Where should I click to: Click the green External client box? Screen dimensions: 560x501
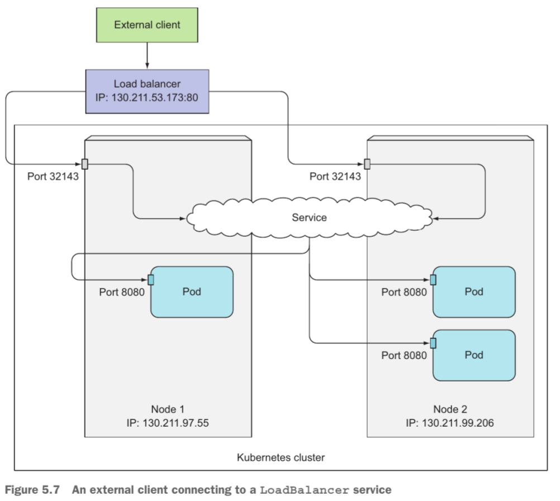point(147,25)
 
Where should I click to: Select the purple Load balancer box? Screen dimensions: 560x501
point(147,92)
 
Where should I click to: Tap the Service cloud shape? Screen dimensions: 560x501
point(309,217)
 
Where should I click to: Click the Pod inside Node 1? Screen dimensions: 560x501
point(192,292)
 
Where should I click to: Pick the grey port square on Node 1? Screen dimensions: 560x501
point(85,164)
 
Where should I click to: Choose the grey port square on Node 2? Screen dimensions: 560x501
point(367,164)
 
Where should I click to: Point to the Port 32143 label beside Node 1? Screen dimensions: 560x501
point(53,176)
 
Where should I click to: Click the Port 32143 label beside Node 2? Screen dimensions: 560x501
point(335,176)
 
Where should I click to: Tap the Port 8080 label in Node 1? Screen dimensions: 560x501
point(122,292)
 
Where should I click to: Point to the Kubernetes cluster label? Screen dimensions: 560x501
point(281,457)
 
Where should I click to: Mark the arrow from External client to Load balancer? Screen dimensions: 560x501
point(147,55)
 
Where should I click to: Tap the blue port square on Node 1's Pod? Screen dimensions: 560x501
point(151,280)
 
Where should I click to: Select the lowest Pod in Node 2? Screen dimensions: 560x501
point(474,355)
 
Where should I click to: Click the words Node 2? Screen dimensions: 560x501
point(450,409)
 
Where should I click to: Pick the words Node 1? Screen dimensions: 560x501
point(168,409)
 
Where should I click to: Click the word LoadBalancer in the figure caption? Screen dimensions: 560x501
point(304,490)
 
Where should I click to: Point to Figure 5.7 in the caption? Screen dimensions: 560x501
point(32,490)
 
